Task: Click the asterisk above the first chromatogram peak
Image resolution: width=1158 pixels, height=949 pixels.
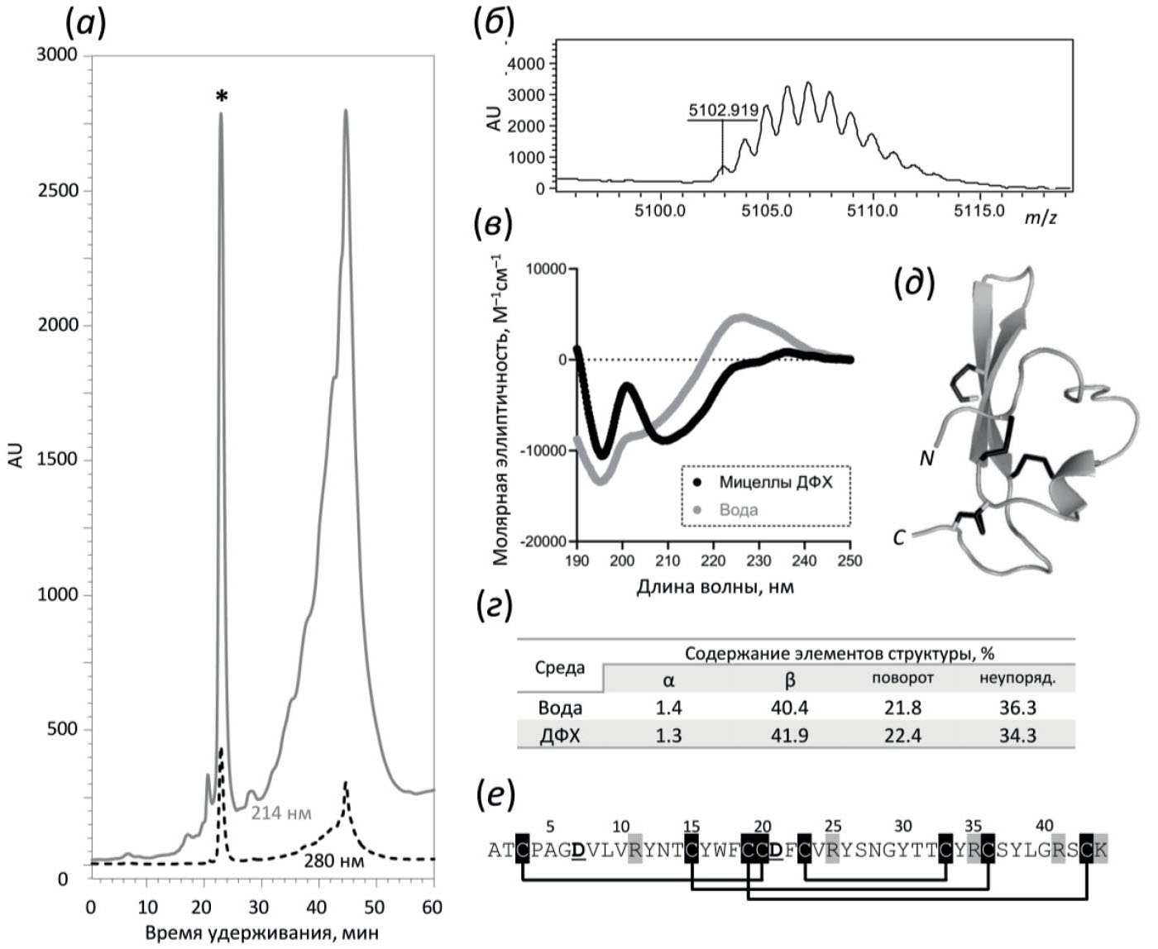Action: pos(221,98)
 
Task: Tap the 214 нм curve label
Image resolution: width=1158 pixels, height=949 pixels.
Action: pos(281,813)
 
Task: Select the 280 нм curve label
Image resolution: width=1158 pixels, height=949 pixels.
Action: pos(330,861)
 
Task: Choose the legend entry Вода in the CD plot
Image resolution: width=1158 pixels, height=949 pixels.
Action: pos(738,509)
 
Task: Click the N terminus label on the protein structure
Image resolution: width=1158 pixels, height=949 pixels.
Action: pos(926,457)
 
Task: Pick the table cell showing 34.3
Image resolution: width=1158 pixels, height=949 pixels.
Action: pos(1017,735)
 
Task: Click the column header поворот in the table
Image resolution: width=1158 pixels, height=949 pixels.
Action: pos(902,679)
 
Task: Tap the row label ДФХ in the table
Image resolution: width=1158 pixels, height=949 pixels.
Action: pos(559,735)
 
